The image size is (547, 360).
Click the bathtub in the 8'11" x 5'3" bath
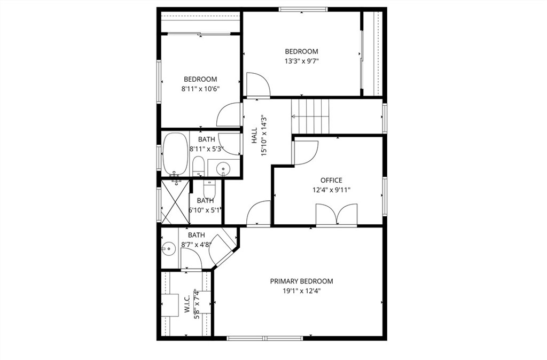[175, 154]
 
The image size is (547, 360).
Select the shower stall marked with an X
[175, 203]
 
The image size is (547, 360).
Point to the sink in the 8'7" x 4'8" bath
[169, 248]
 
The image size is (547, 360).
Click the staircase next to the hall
[311, 116]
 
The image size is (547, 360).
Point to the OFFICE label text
[331, 181]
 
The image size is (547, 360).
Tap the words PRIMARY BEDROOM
[301, 281]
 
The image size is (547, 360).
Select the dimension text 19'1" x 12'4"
[301, 291]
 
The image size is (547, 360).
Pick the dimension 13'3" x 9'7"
[301, 61]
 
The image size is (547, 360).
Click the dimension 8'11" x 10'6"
[200, 89]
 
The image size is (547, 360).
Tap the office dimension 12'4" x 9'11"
[331, 190]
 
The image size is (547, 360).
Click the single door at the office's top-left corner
[306, 153]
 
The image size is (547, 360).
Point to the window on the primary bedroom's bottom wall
[265, 338]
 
